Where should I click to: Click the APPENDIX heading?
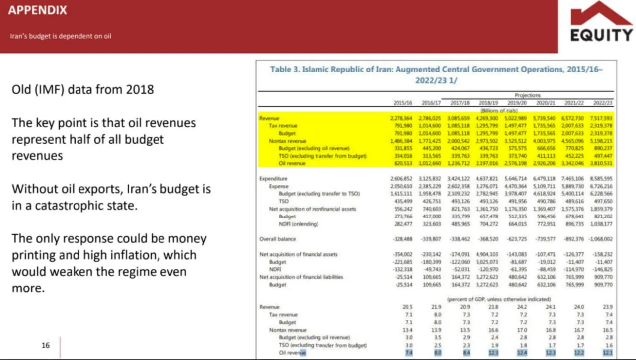37,10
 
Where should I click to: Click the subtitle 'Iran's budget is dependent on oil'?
60,36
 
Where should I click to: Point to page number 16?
46,345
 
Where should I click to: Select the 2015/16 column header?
403,103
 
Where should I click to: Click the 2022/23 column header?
603,103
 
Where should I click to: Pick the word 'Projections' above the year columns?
528,95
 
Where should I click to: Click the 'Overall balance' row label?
277,239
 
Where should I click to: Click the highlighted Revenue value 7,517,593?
602,118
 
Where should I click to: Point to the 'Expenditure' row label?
273,178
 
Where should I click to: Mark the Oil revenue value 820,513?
403,163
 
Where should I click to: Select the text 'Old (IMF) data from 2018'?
82,90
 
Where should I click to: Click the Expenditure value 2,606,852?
403,178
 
